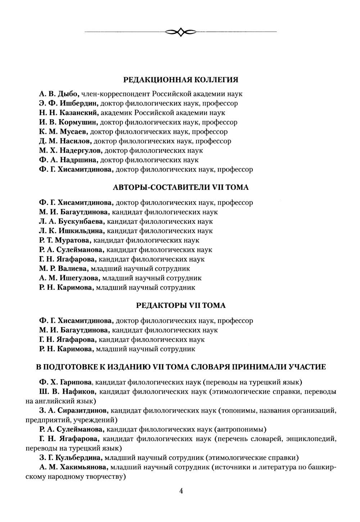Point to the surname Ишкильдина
point(81,231)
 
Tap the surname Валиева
point(72,268)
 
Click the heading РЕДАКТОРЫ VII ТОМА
point(181,305)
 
